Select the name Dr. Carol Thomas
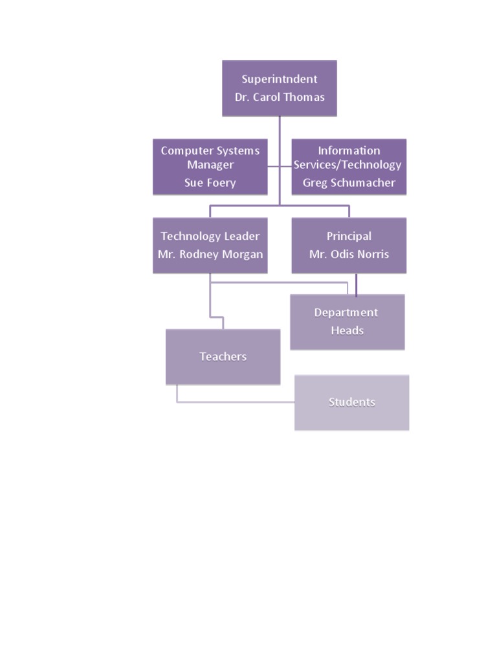[280, 97]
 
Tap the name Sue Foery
[210, 182]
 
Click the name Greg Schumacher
[349, 182]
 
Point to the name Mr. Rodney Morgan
[210, 254]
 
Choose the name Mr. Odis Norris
[349, 254]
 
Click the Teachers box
[223, 357]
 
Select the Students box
[351, 402]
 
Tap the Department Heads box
[347, 322]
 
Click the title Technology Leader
[210, 236]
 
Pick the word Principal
[349, 236]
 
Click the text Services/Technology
[348, 165]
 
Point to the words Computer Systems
[210, 151]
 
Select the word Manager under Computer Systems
[210, 165]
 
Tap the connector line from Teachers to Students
[236, 402]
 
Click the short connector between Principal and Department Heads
[356, 284]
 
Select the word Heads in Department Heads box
[348, 330]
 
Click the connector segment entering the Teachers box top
[223, 323]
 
